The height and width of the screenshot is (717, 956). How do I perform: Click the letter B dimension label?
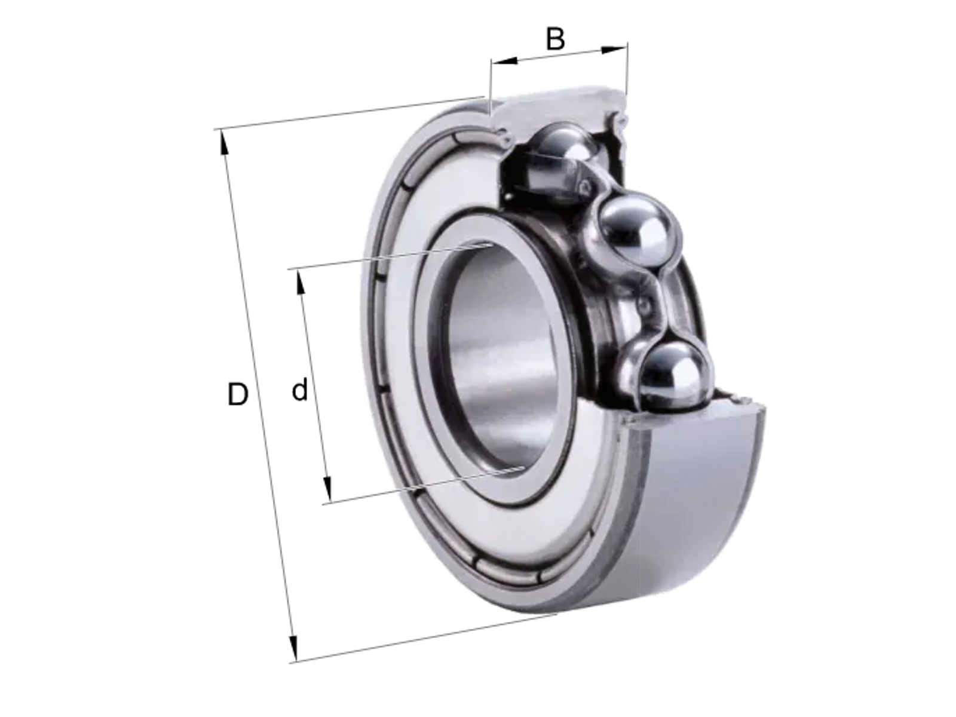point(555,39)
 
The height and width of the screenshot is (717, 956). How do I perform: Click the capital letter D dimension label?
point(237,394)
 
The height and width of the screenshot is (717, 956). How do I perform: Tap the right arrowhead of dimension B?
point(615,50)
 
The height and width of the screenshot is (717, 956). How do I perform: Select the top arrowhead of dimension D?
point(224,142)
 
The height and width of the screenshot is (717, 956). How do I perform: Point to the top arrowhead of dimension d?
point(300,281)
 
